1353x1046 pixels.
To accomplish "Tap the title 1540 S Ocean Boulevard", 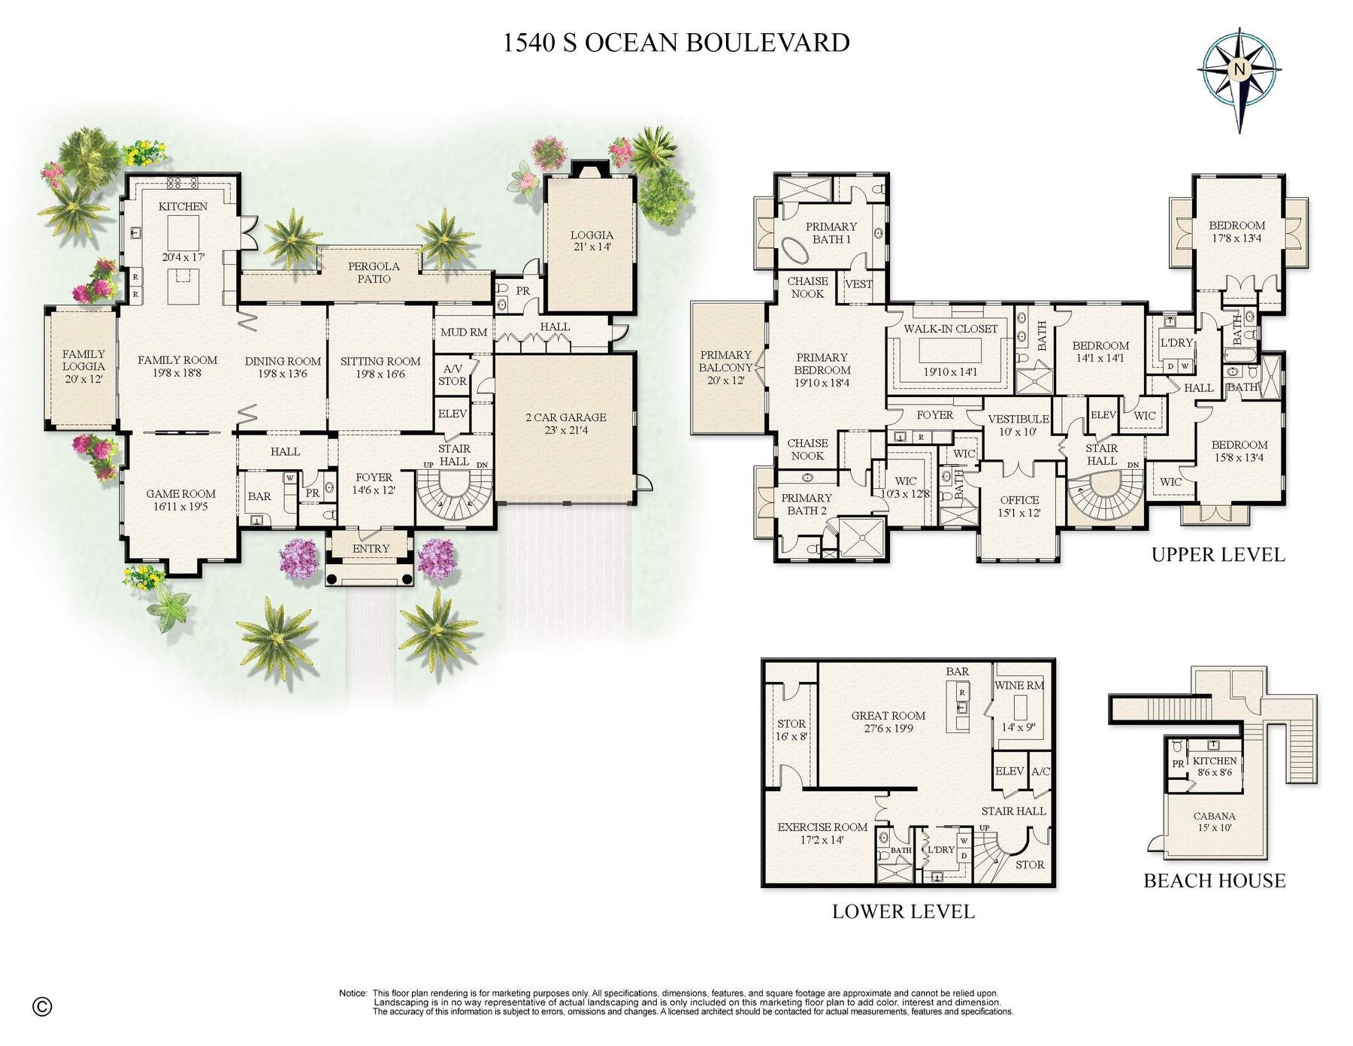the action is pos(676,43).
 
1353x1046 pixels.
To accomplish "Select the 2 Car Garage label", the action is pos(565,417).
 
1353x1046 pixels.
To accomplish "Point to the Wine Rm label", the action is pos(1019,686).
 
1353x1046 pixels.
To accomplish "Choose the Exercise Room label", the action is pos(822,827).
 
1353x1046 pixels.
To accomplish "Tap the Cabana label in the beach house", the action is pos(1214,816).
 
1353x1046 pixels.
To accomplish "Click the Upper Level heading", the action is pos(1218,555).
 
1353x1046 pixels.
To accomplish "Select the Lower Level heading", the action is pos(904,911).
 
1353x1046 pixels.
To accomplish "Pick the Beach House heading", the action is pos(1215,881).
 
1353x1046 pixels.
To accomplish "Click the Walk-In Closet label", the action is pos(951,329).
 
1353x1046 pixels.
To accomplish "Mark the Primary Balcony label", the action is pos(725,361).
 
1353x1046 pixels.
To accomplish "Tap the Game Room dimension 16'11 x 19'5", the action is pos(180,507).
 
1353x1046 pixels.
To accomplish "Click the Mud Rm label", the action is pos(464,332).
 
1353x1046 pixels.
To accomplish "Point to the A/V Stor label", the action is pos(453,374).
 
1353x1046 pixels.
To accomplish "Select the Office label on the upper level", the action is pos(1019,500).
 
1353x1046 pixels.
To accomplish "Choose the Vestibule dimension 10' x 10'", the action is pos(1018,432).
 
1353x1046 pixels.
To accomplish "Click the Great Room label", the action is pos(888,716).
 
